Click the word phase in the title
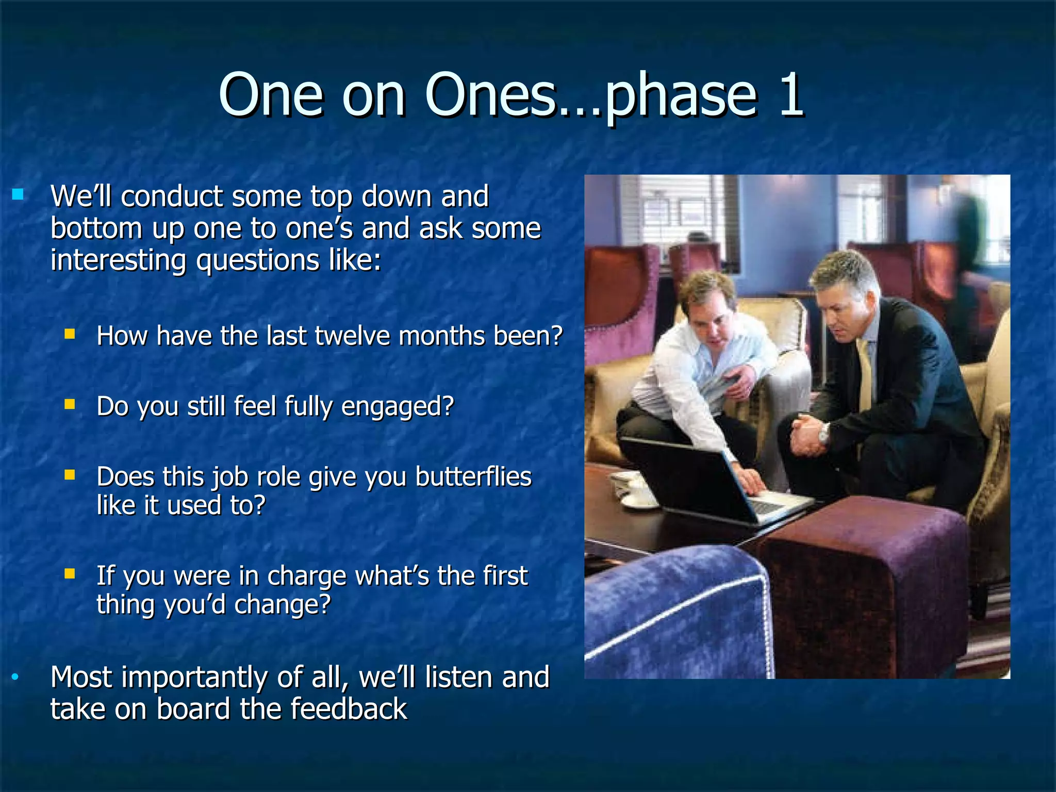(680, 98)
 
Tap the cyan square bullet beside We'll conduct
(18, 194)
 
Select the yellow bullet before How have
(70, 334)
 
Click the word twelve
(353, 336)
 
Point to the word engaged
(398, 407)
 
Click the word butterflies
(473, 477)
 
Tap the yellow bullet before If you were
(70, 573)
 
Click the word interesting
(118, 260)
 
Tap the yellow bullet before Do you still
(70, 404)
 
